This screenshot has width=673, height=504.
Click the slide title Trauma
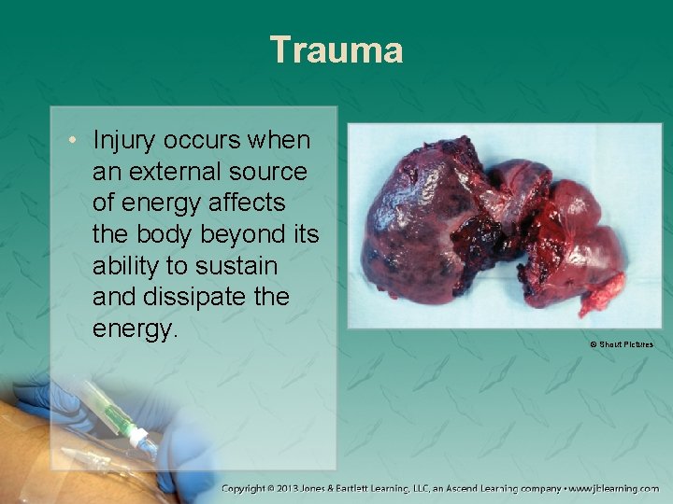click(x=336, y=49)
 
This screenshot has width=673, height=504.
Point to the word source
click(x=274, y=173)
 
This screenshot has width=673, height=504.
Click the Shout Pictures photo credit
click(x=622, y=344)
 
